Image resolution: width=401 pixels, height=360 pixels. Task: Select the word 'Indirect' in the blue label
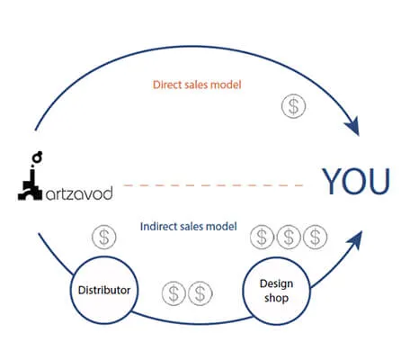pos(160,226)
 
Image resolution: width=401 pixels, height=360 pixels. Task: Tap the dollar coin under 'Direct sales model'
pos(293,106)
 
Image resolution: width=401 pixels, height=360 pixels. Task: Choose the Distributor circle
pos(102,291)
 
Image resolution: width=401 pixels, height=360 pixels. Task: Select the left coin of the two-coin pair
pos(172,292)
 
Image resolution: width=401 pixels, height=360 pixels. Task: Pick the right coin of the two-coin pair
pos(199,292)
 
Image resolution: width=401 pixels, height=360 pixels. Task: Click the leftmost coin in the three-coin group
pos(262,238)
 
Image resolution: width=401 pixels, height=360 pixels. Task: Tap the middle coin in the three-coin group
pos(288,238)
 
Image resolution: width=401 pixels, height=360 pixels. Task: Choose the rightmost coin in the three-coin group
pos(314,238)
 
